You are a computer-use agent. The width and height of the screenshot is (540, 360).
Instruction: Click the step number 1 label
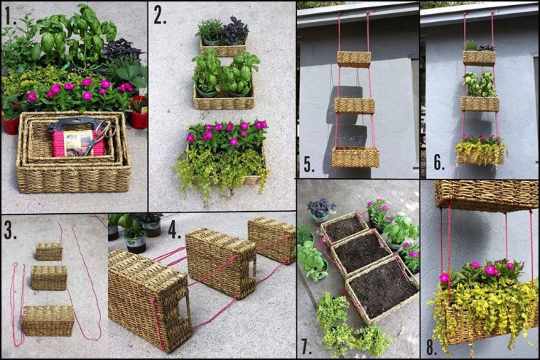pos(9,13)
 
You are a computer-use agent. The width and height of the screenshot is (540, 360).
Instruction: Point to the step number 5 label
pos(309,164)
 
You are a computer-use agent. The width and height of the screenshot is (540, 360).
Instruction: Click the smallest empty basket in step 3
pos(49,252)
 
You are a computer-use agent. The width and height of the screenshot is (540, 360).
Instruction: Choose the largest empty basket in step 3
pos(47,321)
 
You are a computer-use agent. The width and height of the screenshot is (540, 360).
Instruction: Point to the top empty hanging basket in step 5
pos(353,59)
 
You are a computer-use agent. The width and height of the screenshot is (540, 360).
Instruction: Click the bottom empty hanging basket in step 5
pos(355,156)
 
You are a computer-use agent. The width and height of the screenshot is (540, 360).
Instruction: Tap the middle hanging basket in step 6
pos(479,103)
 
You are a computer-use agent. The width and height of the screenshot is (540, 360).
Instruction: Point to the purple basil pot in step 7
pos(320,209)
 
